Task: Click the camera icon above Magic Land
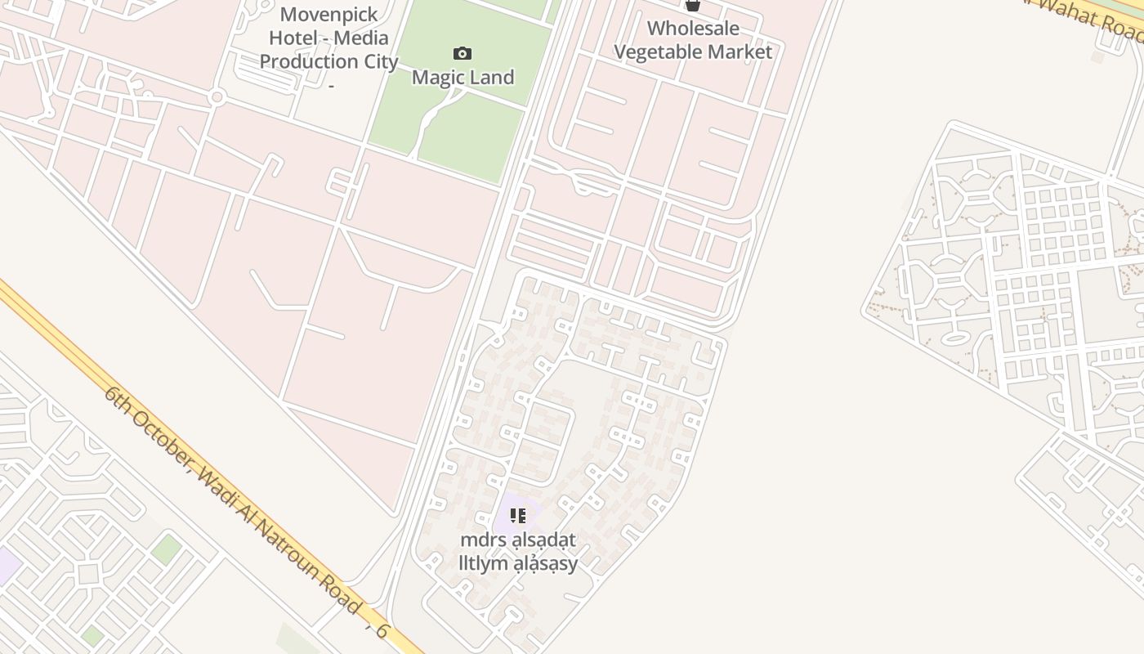coord(463,54)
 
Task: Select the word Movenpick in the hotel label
coord(328,15)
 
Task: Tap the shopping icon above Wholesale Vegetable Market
coord(693,5)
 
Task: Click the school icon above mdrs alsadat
coord(518,516)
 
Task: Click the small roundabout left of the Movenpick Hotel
coord(217,97)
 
